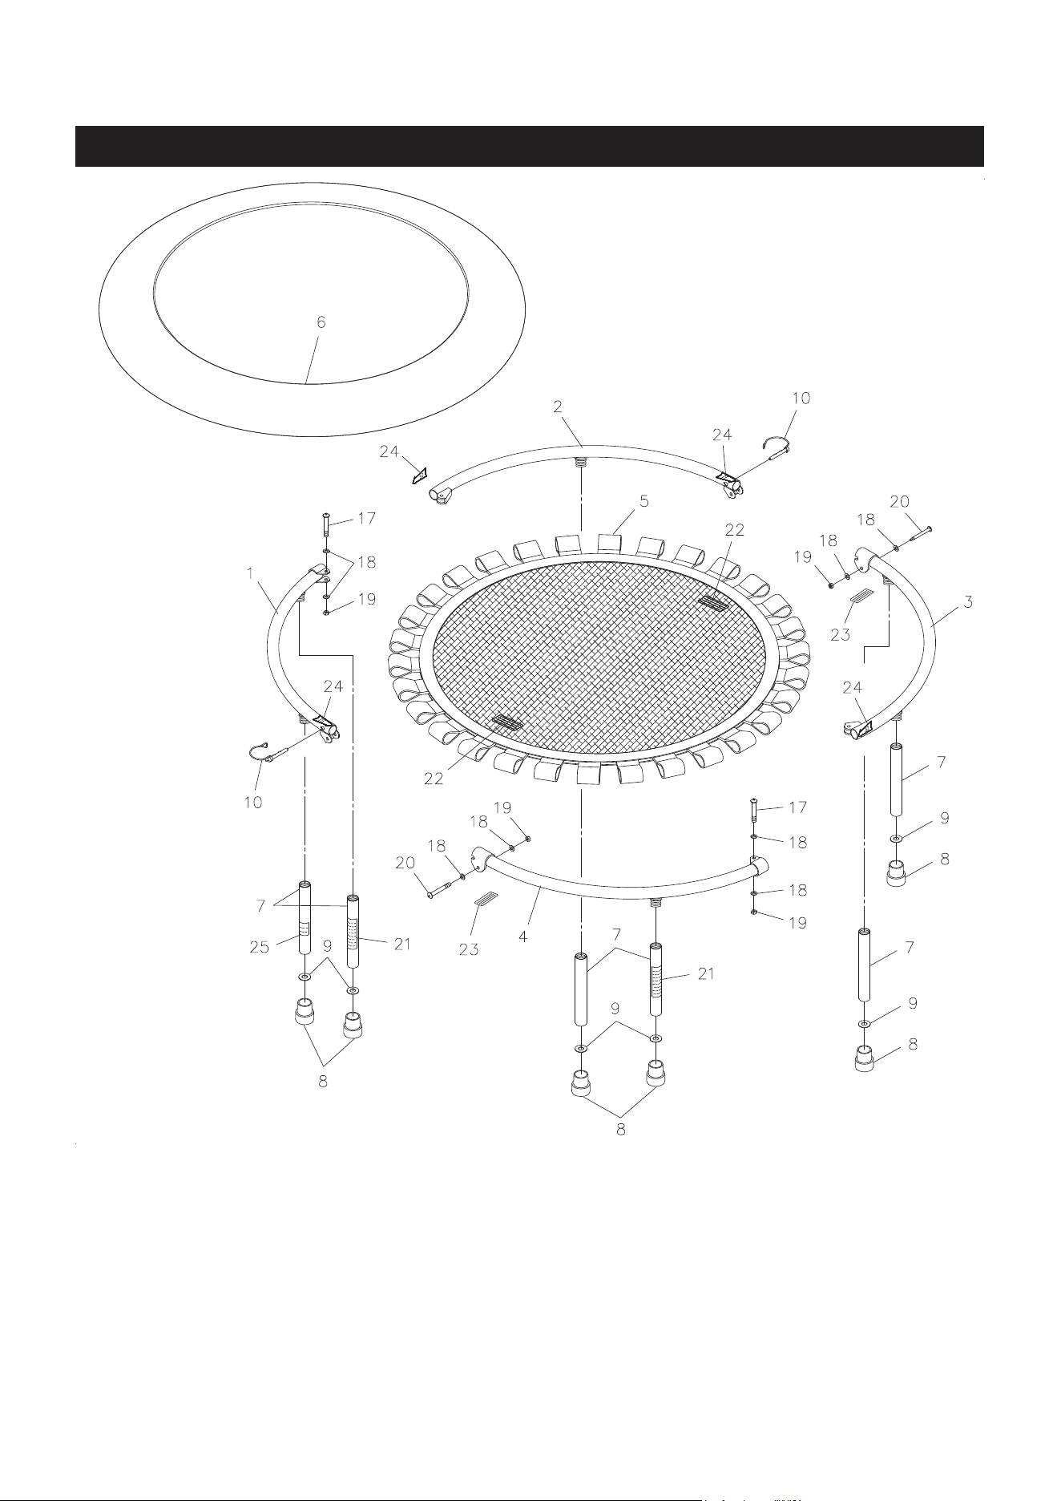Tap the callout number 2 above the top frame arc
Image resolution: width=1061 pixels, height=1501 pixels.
[558, 407]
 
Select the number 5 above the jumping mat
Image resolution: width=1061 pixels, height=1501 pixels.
[643, 501]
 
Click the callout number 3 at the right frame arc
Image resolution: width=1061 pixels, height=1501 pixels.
[968, 601]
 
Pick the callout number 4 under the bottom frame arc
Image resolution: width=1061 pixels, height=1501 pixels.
[522, 935]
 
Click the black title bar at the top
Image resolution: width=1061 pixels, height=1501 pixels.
[529, 146]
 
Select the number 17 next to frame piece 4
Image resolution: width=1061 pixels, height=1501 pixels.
[797, 807]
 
